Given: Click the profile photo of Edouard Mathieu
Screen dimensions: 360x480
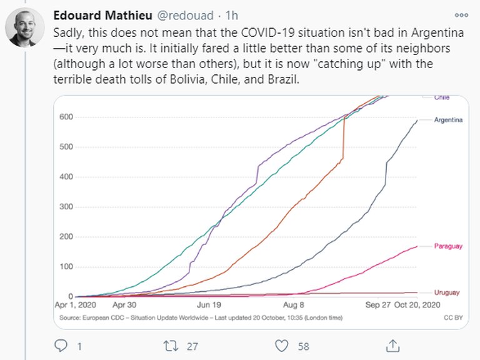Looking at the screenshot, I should (x=22, y=27).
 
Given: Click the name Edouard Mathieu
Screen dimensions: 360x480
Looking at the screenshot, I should (x=91, y=15).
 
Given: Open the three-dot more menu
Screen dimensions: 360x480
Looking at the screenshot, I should (x=461, y=15).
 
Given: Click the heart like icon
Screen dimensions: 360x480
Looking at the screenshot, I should (x=282, y=344).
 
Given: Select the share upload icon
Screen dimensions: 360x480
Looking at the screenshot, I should (x=392, y=344).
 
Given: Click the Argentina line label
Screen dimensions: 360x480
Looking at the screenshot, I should (x=448, y=119).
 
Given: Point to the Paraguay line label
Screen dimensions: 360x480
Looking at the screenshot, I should (x=448, y=246).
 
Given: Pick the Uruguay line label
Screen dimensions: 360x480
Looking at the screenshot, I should (x=447, y=292).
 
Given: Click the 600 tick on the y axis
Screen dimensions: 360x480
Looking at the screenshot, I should (x=66, y=117).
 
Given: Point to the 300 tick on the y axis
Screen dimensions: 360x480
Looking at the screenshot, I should (x=66, y=207).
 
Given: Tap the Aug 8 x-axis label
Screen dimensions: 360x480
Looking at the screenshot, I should (x=293, y=306).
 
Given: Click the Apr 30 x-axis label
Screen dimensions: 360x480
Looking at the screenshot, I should (x=124, y=306).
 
